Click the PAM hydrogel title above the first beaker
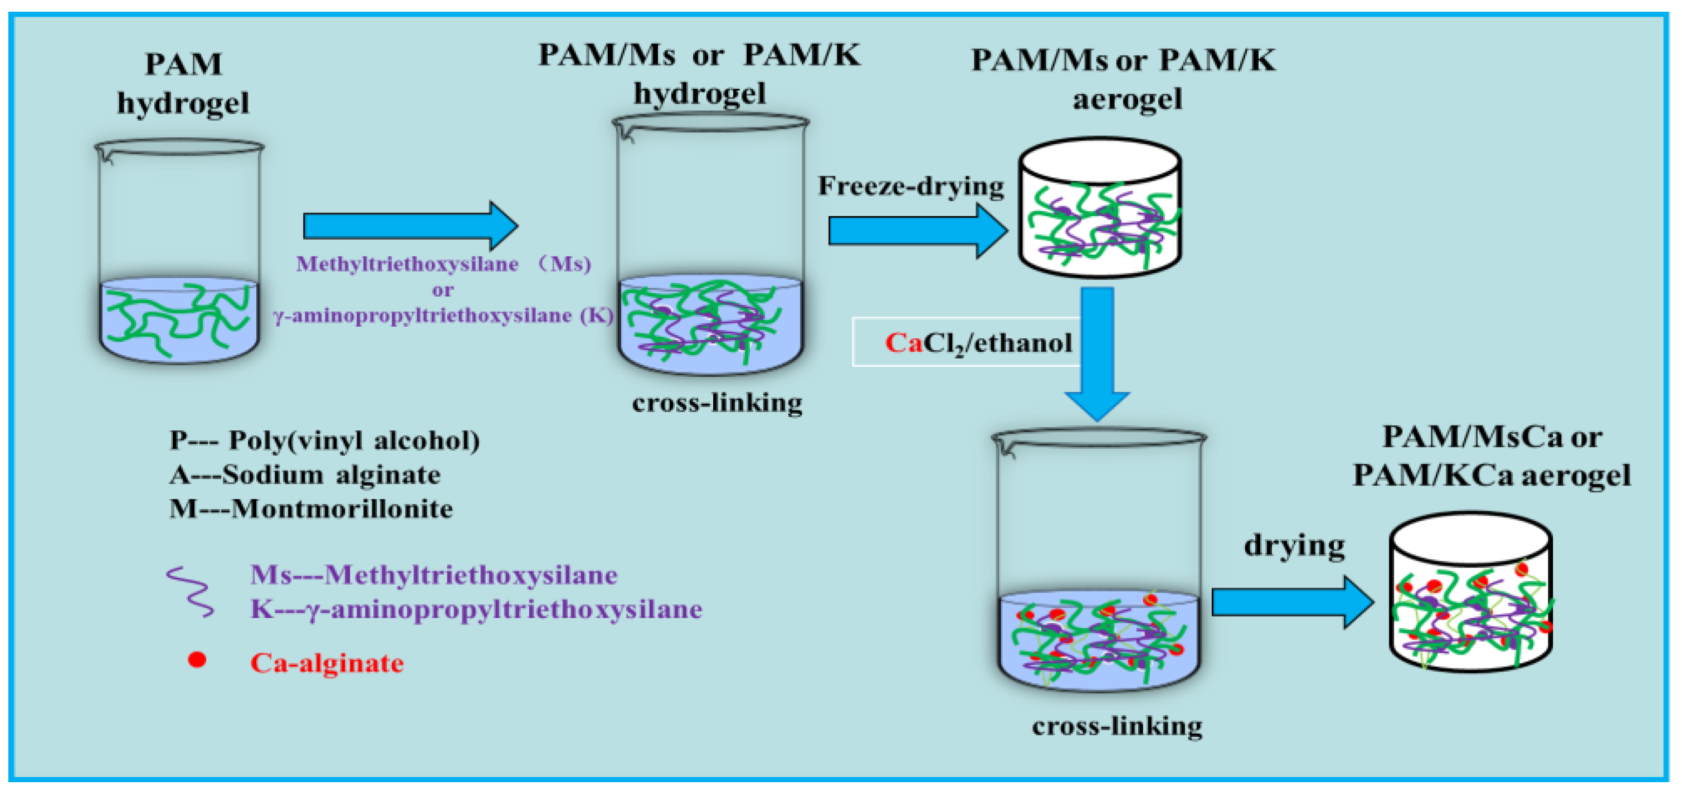point(183,84)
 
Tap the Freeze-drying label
point(911,186)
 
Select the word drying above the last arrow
point(1294,545)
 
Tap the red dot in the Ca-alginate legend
point(197,660)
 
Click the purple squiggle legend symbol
point(190,591)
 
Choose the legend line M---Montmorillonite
point(311,508)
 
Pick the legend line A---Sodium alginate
point(305,474)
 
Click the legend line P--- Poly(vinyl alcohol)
point(324,440)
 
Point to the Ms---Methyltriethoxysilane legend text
point(433,575)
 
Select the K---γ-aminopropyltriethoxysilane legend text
point(476,609)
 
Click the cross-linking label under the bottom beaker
point(1117,726)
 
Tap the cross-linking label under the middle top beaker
point(717,403)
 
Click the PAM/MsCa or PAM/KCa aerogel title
point(1491,455)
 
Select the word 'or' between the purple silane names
point(443,289)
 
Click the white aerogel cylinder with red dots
point(1470,594)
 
